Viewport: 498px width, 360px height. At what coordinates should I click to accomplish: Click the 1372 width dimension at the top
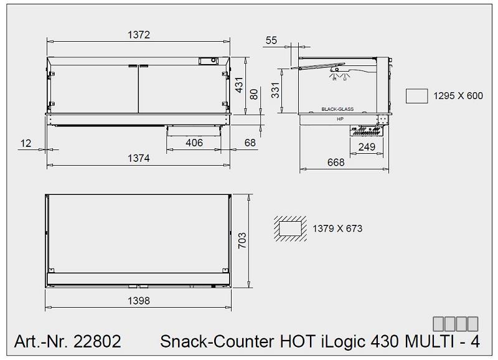point(139,35)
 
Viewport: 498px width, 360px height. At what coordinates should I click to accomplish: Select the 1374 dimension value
point(139,158)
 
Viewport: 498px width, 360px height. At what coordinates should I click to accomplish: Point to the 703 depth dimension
point(243,240)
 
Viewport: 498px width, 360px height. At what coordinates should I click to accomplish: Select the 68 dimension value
point(250,143)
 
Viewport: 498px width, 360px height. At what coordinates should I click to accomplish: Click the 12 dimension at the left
point(26,143)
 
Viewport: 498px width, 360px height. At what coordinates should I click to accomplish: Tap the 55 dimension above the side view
point(271,40)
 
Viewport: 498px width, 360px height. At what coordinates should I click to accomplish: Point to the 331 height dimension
point(275,92)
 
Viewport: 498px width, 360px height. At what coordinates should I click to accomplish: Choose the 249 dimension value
point(367,147)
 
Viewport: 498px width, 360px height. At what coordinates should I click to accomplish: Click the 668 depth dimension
point(336,163)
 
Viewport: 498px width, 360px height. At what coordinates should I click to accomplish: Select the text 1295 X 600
point(458,96)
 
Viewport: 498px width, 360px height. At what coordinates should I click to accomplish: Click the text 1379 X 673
point(337,229)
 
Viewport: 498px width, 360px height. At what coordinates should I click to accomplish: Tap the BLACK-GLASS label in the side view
point(337,109)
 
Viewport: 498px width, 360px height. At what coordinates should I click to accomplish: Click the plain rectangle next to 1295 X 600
point(416,95)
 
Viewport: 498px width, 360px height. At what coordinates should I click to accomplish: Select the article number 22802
point(97,341)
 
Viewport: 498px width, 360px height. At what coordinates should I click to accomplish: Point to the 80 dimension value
point(253,93)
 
